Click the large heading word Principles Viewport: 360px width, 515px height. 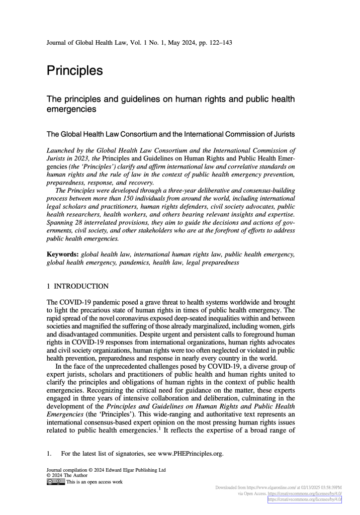pyautogui.click(x=74, y=71)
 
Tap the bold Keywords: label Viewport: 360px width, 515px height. pyautogui.click(x=62, y=255)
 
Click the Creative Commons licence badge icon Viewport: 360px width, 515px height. pyautogui.click(x=55, y=482)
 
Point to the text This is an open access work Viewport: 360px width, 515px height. pyautogui.click(x=95, y=482)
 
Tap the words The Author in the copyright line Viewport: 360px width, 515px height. pyautogui.click(x=75, y=475)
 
